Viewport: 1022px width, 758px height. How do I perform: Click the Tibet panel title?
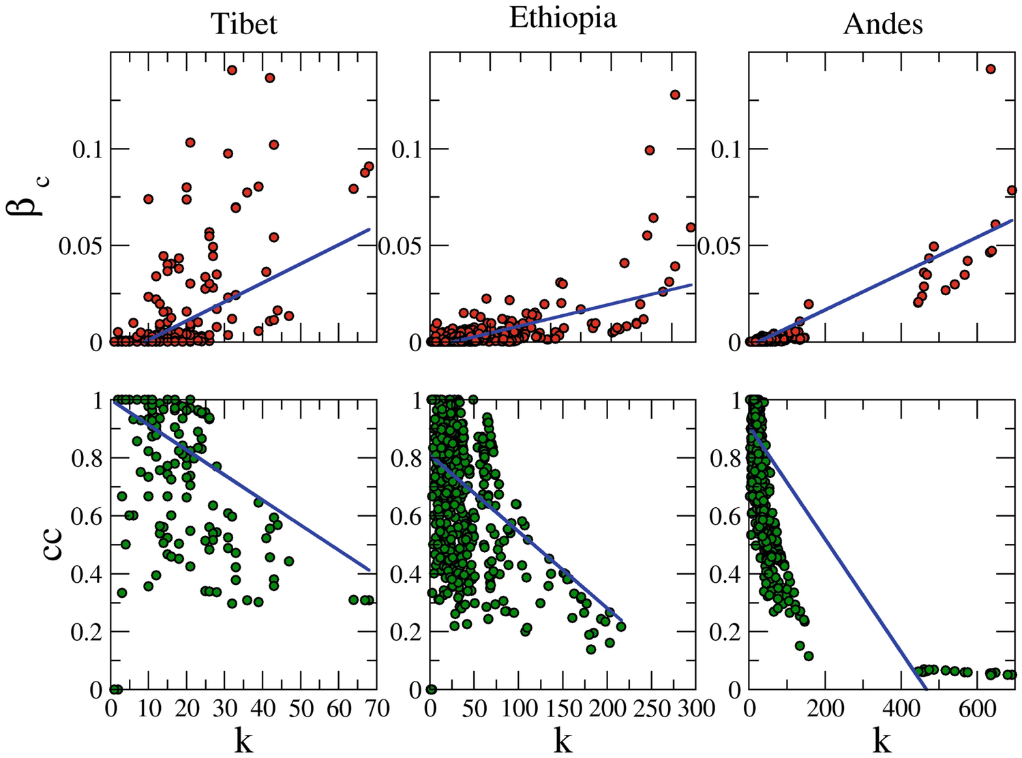tap(244, 24)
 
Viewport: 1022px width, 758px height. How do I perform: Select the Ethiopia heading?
tap(562, 18)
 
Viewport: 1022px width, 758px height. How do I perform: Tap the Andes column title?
tap(883, 24)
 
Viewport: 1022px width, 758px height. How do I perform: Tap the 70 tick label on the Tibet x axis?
tap(375, 709)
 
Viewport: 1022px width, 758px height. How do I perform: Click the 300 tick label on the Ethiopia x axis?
tap(693, 709)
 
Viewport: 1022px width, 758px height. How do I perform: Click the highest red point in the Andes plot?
tap(991, 69)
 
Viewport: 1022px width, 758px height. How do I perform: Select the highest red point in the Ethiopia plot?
tap(675, 95)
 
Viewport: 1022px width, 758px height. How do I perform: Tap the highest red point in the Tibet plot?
tap(232, 70)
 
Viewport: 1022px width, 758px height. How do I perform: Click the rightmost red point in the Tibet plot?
tap(369, 166)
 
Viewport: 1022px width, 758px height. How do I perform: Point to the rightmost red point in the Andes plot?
tap(1012, 190)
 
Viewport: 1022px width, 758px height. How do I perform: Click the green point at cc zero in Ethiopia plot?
tap(431, 689)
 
